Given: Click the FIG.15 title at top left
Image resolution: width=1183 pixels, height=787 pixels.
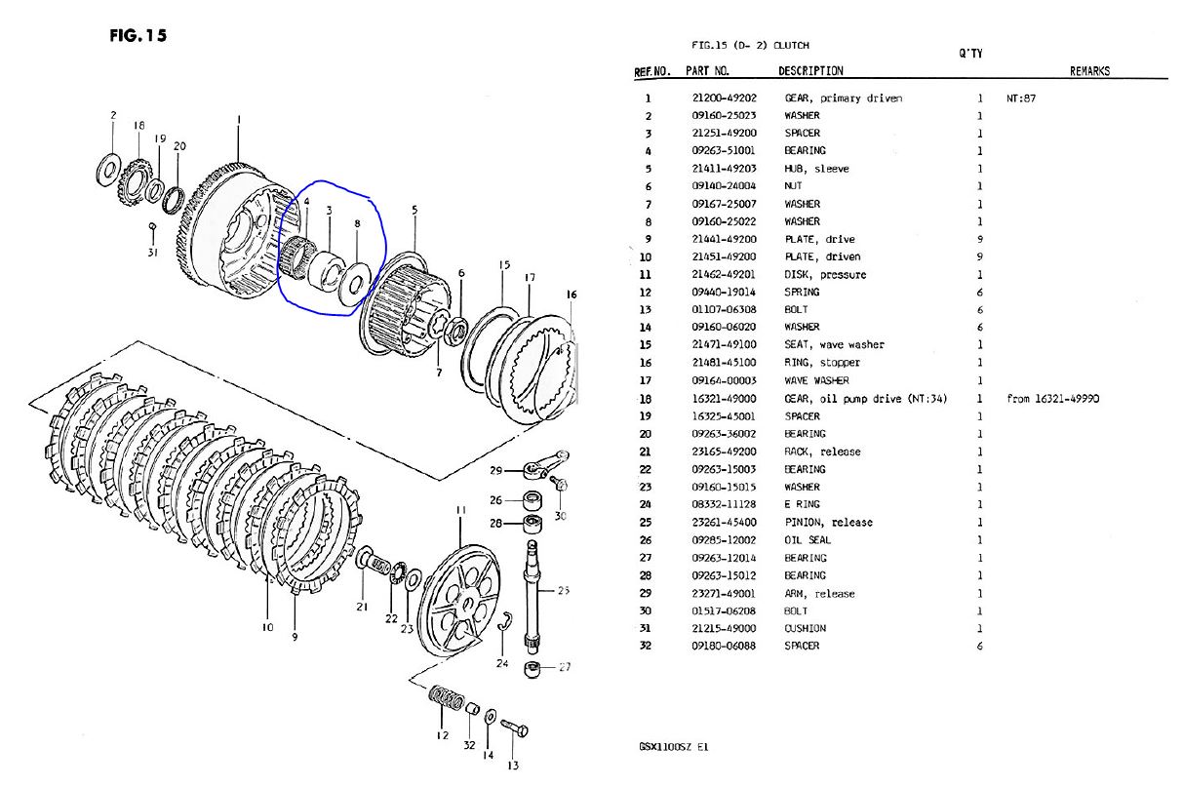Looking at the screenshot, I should pos(139,36).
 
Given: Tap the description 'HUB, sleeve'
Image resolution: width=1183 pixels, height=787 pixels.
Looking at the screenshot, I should pos(816,169).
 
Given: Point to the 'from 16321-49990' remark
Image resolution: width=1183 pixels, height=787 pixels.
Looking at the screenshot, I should pos(1052,399).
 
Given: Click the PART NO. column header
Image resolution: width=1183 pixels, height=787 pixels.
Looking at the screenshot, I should pos(707,71).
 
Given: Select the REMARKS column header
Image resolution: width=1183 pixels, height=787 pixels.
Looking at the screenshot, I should pos(1089,71).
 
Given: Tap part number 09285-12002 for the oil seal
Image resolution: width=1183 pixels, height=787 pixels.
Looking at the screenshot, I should pos(724,540).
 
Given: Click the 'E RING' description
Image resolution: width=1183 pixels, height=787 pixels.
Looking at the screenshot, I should pos(803,505).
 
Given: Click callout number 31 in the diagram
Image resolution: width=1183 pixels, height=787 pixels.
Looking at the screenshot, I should pos(152,252).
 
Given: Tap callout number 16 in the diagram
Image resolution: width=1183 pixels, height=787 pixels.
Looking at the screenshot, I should pos(571,294).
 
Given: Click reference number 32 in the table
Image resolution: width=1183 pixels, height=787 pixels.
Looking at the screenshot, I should pos(645,646).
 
